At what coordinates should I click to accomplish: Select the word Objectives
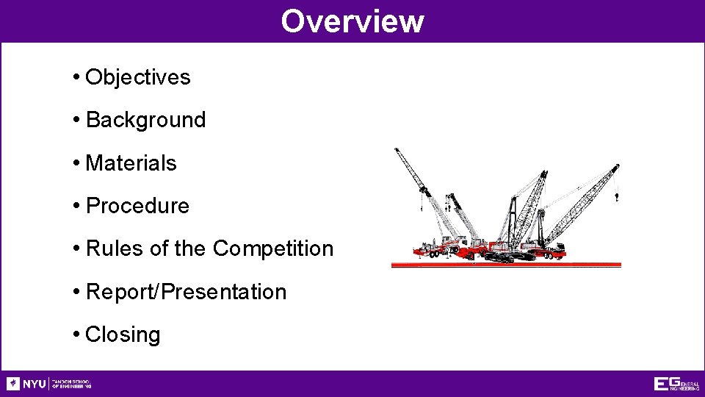(138, 77)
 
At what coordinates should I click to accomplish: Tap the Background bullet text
(145, 120)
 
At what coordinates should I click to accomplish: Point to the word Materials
(131, 163)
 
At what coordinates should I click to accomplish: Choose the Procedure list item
(137, 206)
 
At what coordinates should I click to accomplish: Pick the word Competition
(273, 248)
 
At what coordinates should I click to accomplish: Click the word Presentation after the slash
(224, 292)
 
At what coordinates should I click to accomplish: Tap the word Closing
(123, 335)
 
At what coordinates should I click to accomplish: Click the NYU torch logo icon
(13, 384)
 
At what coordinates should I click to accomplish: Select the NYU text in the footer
(34, 384)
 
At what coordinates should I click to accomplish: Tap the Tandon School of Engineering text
(70, 384)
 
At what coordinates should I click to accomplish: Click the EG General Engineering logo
(676, 384)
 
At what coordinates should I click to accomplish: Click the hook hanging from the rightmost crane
(616, 197)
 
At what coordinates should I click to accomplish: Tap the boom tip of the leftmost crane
(397, 151)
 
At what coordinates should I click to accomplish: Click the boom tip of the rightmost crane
(616, 167)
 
